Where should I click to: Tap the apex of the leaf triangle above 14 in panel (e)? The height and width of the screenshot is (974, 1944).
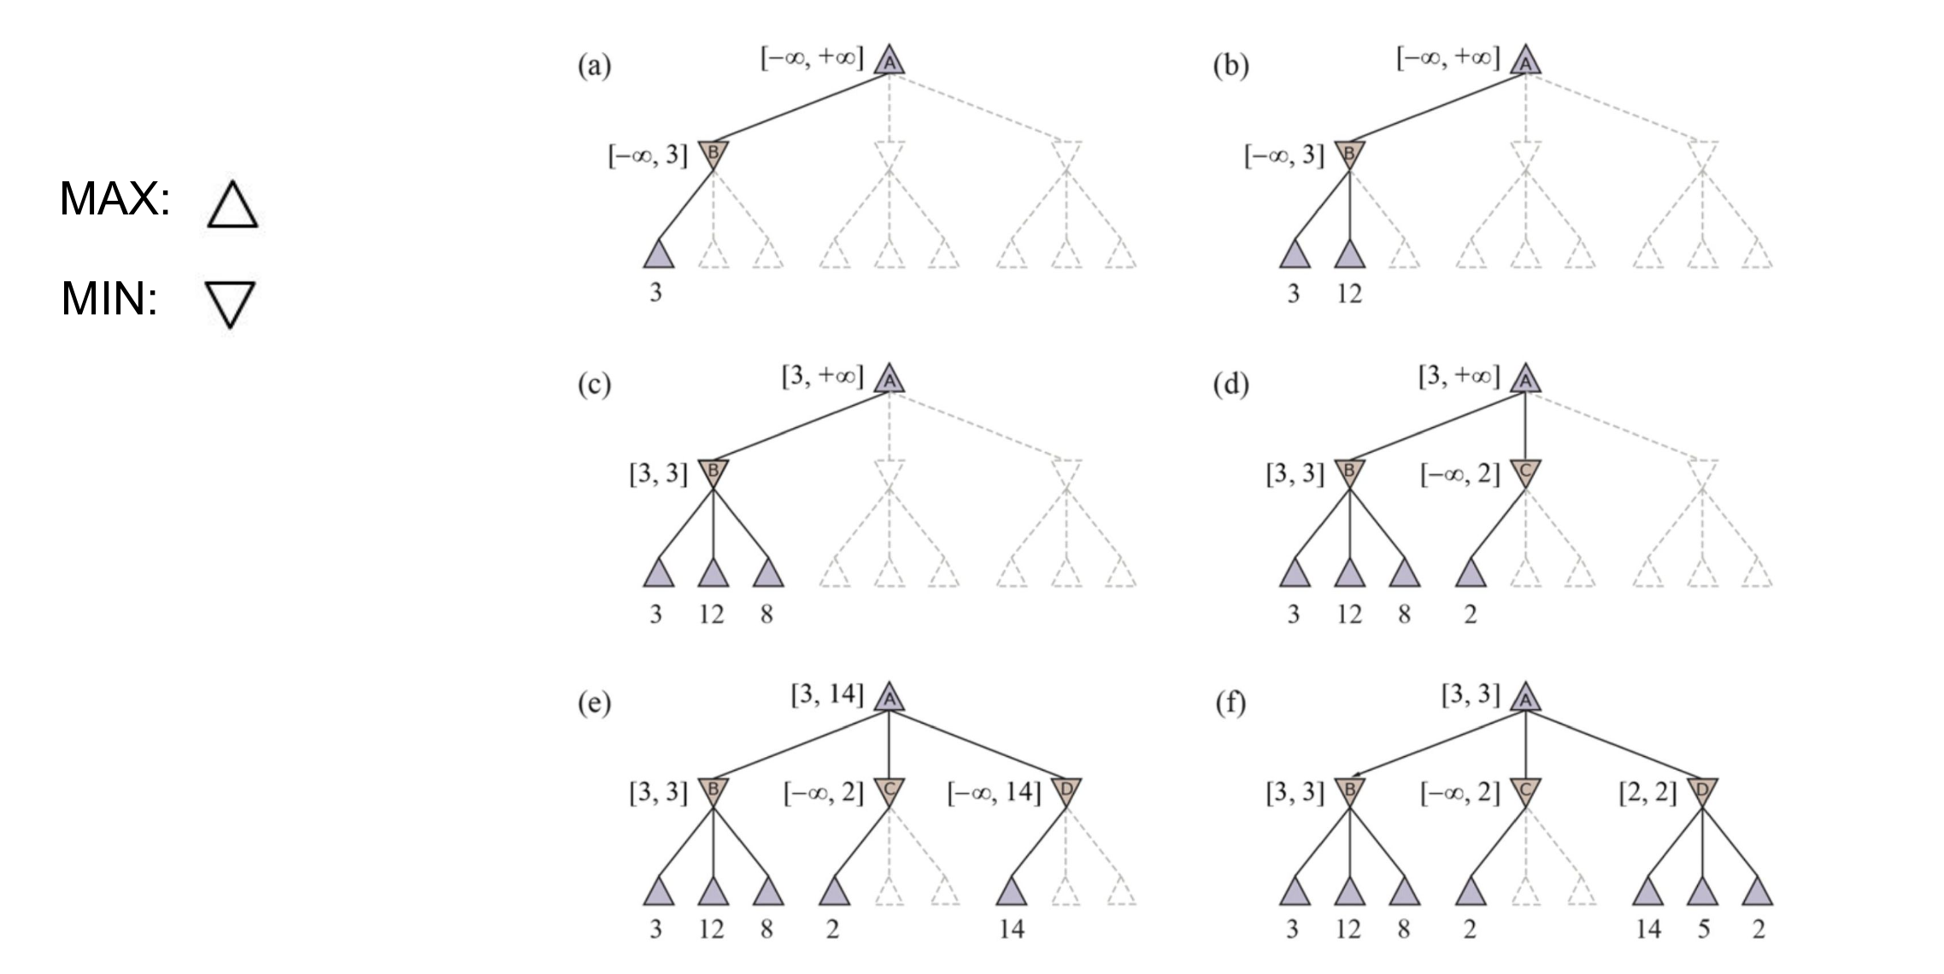[x=1011, y=876]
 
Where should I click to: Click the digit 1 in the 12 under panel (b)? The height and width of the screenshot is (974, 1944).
[x=1342, y=294]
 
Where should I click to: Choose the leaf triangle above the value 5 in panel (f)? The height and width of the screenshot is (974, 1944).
[x=1702, y=891]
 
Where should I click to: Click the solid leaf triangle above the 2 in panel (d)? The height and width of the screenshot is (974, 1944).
[x=1470, y=572]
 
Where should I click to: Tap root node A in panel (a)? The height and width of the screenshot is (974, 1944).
[x=889, y=60]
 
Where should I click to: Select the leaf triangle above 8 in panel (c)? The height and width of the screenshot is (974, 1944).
[x=767, y=572]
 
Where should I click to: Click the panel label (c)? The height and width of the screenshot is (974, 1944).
[x=594, y=385]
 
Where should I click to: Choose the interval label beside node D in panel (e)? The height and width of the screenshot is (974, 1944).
[x=994, y=793]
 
